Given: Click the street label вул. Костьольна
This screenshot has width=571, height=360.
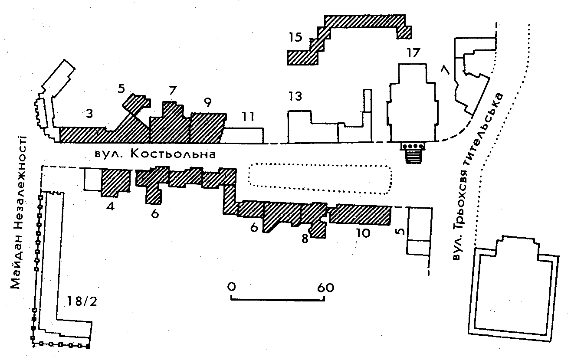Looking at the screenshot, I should (x=155, y=154).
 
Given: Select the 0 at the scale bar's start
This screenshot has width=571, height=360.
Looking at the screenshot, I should (x=231, y=287).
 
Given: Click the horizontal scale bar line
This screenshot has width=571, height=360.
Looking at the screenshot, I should (x=278, y=298).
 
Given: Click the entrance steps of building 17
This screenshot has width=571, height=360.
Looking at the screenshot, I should (x=413, y=154).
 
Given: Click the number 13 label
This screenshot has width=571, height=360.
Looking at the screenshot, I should (x=295, y=96).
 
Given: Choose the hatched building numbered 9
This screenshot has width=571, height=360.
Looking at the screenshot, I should (x=207, y=128).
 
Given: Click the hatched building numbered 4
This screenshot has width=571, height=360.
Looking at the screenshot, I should (x=115, y=182).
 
